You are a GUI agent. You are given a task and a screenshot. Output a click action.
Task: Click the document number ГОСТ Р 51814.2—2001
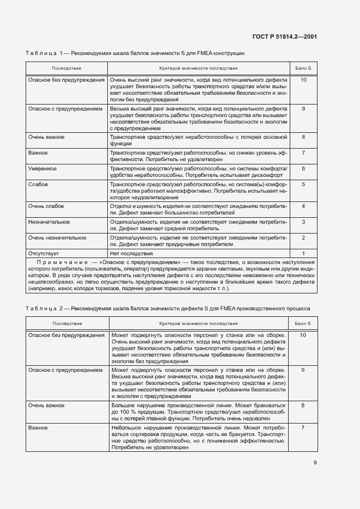click(285, 36)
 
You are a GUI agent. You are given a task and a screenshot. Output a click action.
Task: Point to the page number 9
click(315, 463)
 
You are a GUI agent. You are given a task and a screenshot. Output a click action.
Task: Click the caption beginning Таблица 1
click(136, 53)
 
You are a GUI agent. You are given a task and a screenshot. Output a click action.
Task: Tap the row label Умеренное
click(42, 169)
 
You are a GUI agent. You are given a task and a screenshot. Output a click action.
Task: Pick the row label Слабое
click(38, 185)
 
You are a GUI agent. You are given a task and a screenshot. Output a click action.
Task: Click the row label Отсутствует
click(44, 253)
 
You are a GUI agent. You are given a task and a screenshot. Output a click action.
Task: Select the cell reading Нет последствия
click(131, 253)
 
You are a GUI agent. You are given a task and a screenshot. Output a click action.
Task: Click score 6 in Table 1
click(303, 169)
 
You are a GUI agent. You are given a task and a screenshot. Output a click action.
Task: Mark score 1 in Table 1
click(303, 253)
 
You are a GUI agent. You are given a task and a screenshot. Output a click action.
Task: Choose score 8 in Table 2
click(303, 406)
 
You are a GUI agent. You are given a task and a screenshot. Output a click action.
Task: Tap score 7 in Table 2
click(303, 428)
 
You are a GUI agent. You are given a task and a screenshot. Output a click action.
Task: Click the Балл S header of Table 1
click(303, 69)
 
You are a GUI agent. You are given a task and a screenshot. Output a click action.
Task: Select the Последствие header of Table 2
click(67, 323)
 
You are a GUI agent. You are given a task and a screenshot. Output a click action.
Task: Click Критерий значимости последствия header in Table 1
click(198, 69)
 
